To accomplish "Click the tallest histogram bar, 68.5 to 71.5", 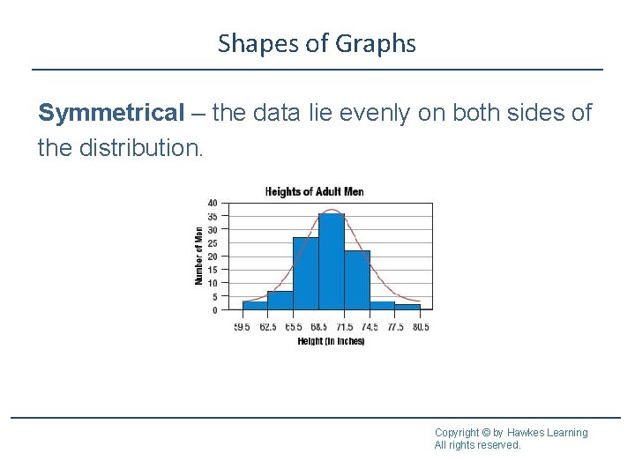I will point(331,261).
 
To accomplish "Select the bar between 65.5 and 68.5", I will point(305,273).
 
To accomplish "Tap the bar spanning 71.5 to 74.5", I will point(356,280).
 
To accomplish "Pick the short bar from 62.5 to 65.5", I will point(280,301).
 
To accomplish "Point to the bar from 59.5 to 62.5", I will point(255,305).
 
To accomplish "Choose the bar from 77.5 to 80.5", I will point(407,307).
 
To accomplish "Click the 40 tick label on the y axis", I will point(213,203).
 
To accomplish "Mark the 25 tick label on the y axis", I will point(213,243).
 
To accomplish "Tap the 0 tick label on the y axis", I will point(214,310).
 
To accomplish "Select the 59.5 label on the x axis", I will point(242,327).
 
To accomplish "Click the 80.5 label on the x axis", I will point(421,327).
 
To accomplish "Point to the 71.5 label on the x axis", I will point(344,327).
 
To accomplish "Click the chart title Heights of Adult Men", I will point(315,191).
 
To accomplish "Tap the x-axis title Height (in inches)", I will point(331,341).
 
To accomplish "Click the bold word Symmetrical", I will point(111,113).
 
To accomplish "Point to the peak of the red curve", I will point(331,210).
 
